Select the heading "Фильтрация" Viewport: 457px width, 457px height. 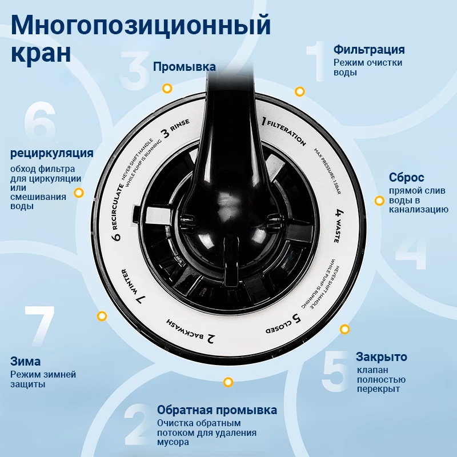tap(369, 50)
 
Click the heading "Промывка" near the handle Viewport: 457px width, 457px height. tap(184, 67)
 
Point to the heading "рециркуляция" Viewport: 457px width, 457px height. tap(52, 153)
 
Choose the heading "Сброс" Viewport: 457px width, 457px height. tap(406, 178)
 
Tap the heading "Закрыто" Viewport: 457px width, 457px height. tap(381, 357)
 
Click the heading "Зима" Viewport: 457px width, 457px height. tap(25, 362)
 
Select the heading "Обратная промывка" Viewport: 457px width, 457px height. tap(217, 410)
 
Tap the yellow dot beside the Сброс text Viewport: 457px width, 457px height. tap(379, 201)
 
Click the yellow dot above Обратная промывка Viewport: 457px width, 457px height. tap(228, 382)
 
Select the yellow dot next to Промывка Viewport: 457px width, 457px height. tap(167, 89)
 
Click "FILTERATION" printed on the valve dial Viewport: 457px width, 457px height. tap(287, 133)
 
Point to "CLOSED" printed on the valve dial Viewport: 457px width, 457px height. tap(279, 327)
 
